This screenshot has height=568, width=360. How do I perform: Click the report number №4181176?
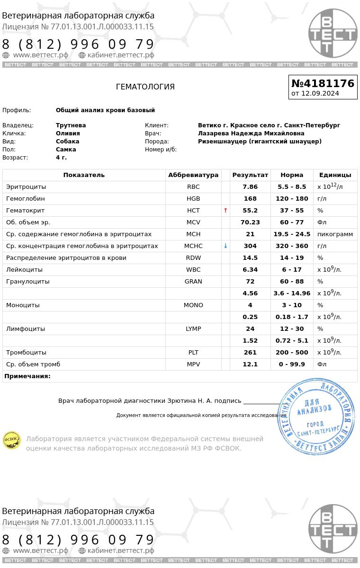[323, 84]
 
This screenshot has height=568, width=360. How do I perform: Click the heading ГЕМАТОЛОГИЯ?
[145, 87]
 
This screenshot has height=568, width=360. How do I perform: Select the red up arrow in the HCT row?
[225, 211]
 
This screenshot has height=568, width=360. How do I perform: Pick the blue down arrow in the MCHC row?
[225, 246]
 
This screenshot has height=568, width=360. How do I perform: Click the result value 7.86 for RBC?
[250, 187]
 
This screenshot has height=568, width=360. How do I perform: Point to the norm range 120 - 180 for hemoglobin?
[292, 199]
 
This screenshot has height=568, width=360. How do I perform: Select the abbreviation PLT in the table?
[193, 353]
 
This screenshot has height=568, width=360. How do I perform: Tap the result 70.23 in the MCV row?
[250, 222]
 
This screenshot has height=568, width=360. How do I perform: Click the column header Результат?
[250, 175]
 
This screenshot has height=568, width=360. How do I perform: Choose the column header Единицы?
[335, 175]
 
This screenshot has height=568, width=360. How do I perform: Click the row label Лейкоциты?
[24, 270]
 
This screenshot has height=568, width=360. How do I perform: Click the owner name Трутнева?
[71, 125]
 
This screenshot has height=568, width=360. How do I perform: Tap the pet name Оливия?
[68, 133]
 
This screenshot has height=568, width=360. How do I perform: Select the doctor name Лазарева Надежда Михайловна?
[251, 133]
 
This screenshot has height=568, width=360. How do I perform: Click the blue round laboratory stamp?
[316, 417]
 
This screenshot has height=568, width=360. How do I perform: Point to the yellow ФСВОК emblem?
[12, 440]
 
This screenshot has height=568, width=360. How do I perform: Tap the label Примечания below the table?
[27, 376]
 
